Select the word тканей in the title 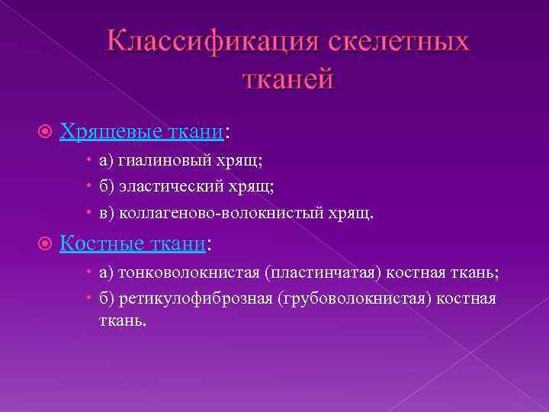click(x=288, y=78)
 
